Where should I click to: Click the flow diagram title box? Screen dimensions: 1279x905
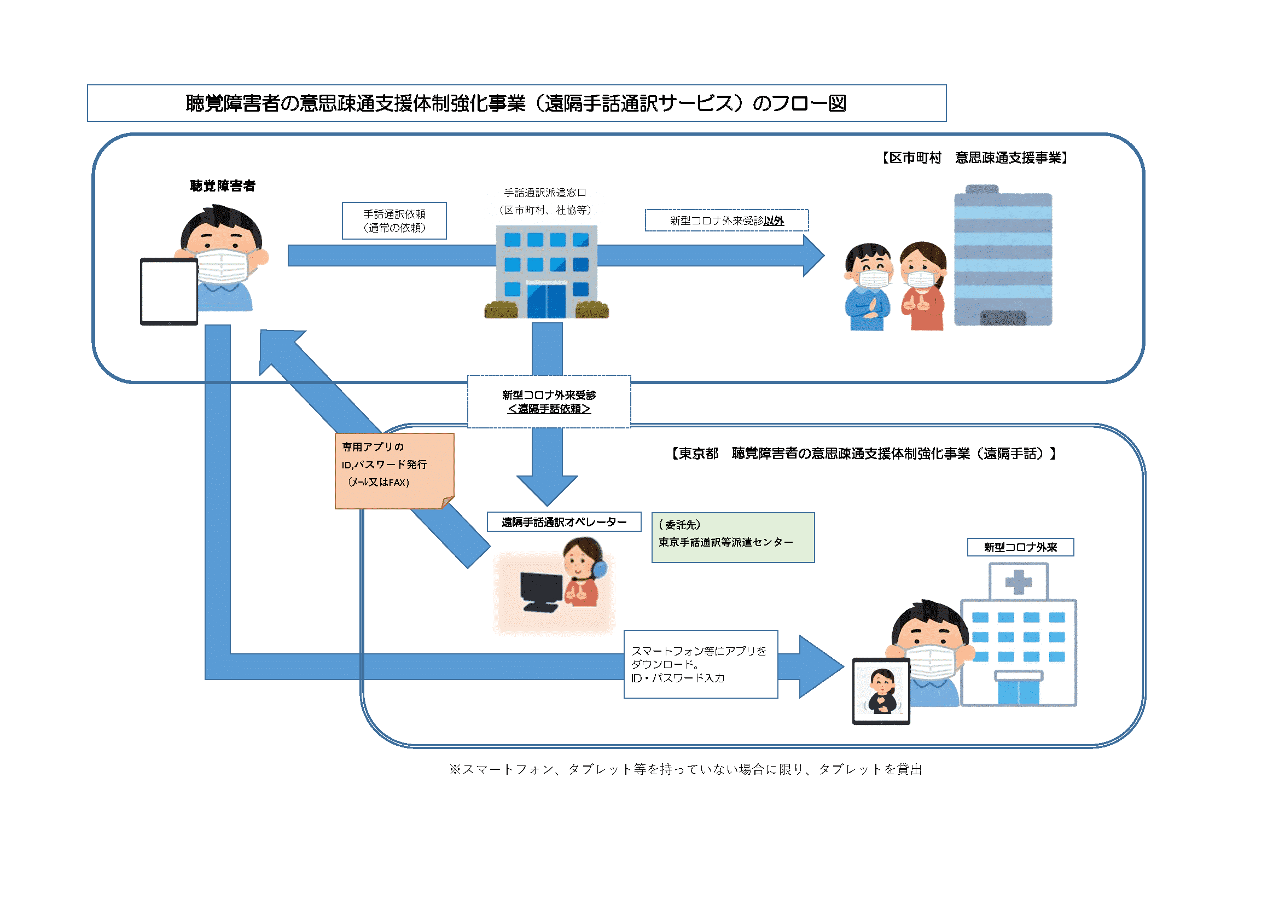(516, 103)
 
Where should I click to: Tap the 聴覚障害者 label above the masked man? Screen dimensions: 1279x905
(223, 185)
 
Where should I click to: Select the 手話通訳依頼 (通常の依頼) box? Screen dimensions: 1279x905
(394, 221)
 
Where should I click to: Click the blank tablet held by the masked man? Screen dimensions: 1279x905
(169, 291)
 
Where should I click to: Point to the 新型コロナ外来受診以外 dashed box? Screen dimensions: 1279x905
(726, 220)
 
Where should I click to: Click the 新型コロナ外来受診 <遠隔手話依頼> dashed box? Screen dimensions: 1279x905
(549, 402)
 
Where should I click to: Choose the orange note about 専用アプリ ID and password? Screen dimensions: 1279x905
(394, 471)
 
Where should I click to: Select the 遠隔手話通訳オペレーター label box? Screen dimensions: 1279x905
(564, 522)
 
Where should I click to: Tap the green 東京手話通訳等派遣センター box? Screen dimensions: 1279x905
(733, 538)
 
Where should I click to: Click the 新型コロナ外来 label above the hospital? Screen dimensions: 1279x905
(1021, 547)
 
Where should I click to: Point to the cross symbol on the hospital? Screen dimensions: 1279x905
(1018, 582)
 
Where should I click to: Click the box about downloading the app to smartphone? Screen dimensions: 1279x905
(701, 664)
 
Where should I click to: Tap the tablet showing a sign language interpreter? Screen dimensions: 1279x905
(881, 691)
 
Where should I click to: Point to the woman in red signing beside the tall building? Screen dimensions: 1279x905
(923, 286)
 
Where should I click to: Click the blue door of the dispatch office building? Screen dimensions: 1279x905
(547, 300)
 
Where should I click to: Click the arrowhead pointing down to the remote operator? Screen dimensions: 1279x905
(547, 490)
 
